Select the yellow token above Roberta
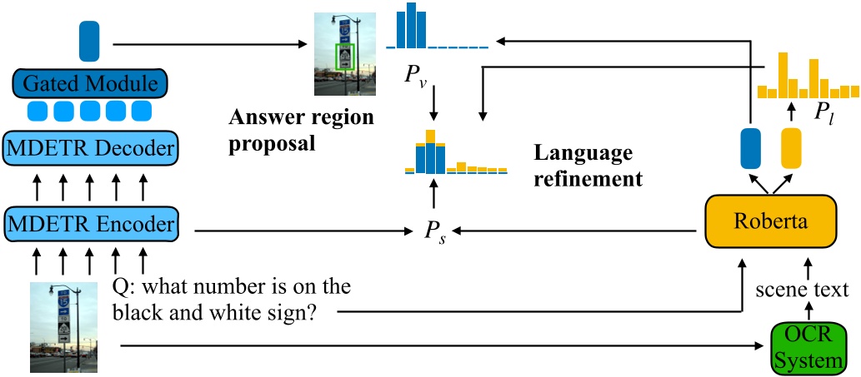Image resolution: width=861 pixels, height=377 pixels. click(790, 147)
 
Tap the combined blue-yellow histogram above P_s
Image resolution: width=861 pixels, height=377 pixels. click(455, 154)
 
